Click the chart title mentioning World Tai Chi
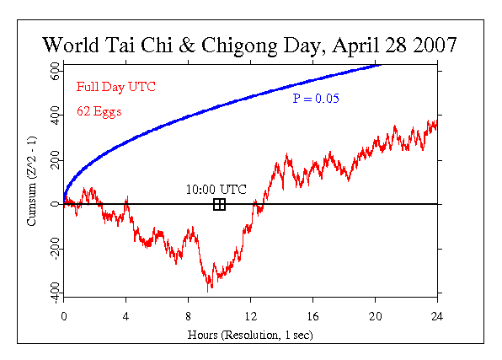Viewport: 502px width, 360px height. coord(250,44)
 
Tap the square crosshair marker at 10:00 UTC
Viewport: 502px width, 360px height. coord(219,204)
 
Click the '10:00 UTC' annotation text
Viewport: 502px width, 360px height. coord(216,189)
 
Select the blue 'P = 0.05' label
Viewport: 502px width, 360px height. coord(315,99)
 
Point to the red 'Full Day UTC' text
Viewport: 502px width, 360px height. coord(115,87)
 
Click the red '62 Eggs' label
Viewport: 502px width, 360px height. coord(99,110)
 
